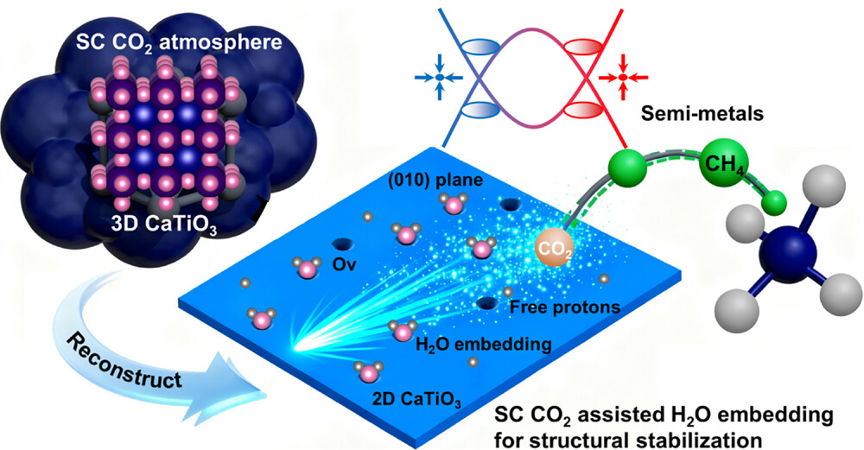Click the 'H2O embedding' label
point(483,345)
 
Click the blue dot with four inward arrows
point(440,78)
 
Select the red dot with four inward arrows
point(623,78)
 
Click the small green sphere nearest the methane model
point(774,202)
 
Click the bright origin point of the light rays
point(298,350)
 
